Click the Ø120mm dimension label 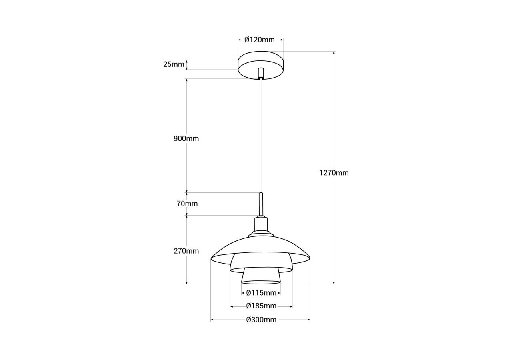pos(260,40)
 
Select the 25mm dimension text pos(174,64)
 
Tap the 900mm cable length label pos(186,139)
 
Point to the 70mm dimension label pos(187,204)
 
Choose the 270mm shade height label pos(186,251)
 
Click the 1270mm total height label pos(334,173)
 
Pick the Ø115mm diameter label pos(261,293)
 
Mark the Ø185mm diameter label pos(261,306)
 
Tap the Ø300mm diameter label pos(261,320)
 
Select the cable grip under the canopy pos(261,73)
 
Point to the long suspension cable pos(261,136)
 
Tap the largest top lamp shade pos(260,245)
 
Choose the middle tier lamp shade pos(261,262)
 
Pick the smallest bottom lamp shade pos(261,276)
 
